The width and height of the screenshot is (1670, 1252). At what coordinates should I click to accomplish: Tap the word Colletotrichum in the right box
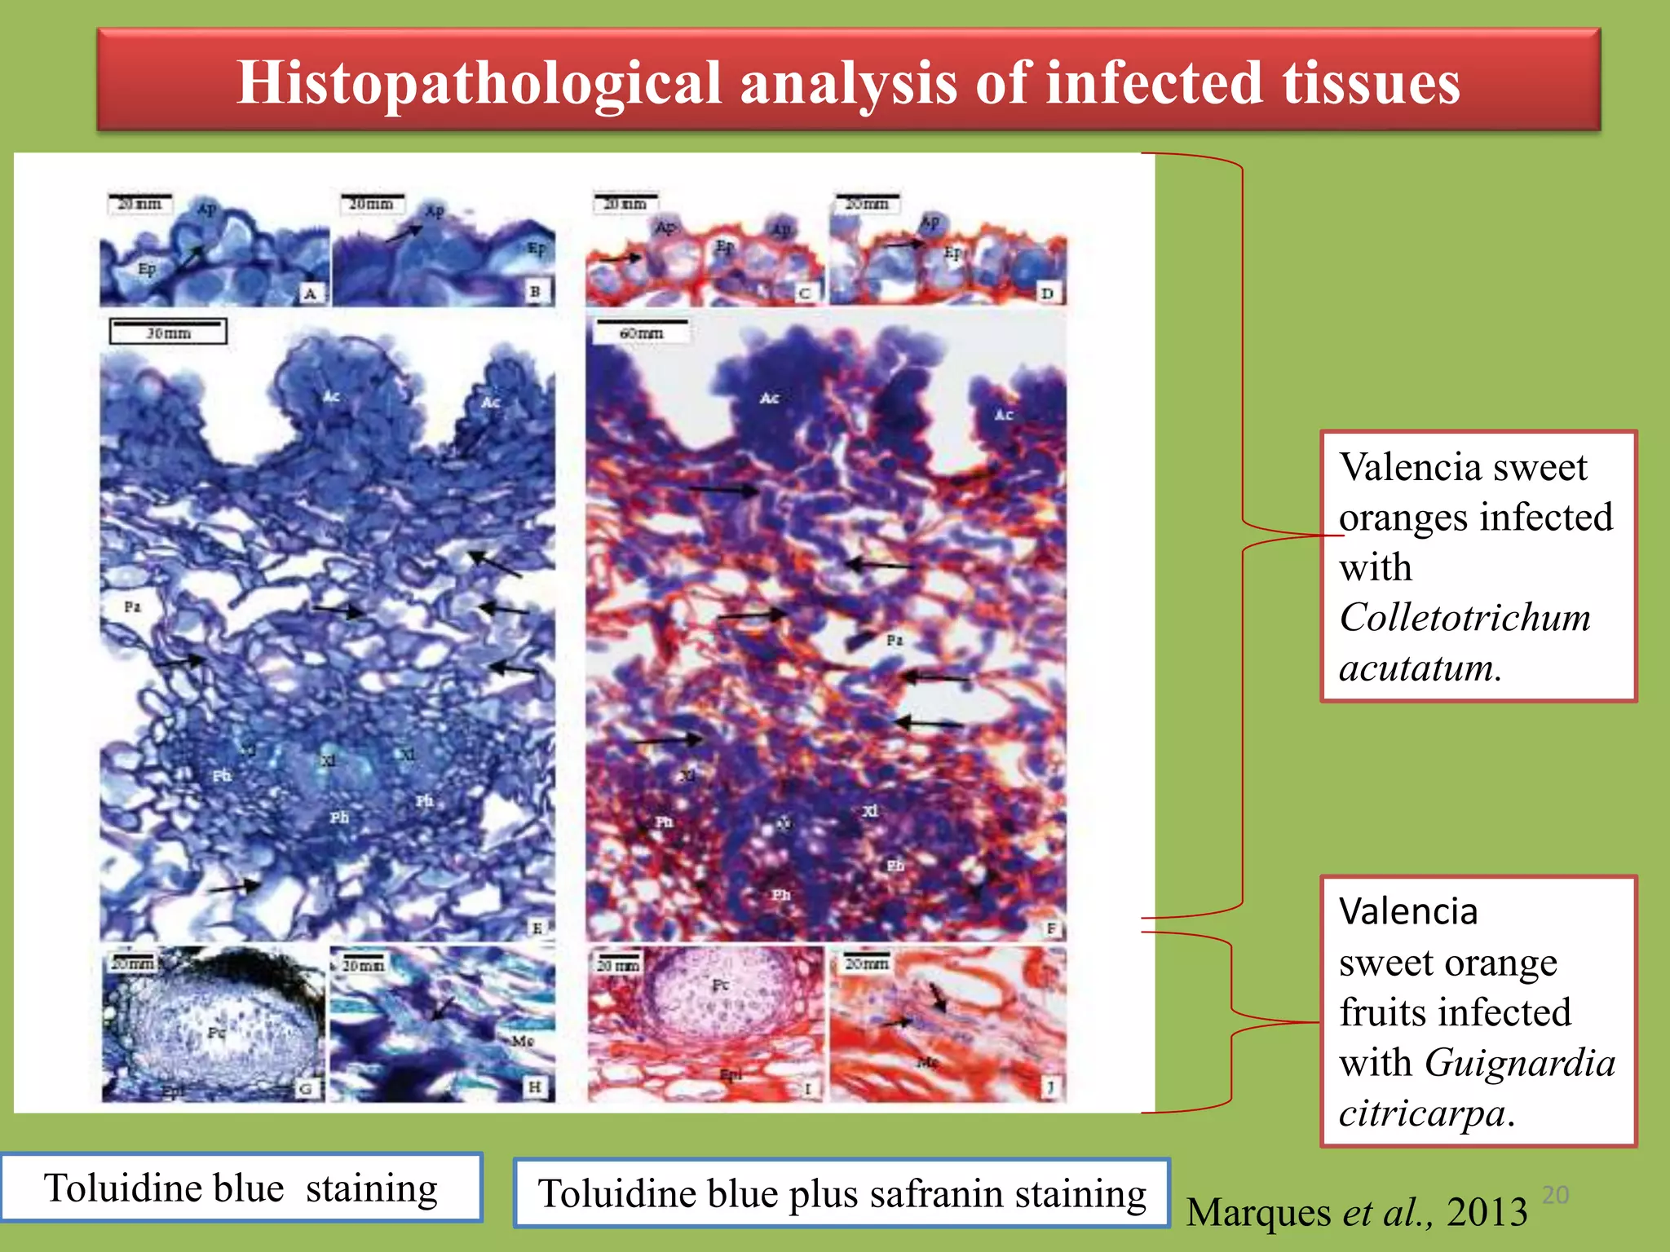point(1465,617)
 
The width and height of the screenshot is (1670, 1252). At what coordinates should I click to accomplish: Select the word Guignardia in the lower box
point(1520,1063)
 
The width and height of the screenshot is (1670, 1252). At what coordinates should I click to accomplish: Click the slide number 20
point(1555,1195)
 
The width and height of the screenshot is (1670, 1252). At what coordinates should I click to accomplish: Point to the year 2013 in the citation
point(1487,1212)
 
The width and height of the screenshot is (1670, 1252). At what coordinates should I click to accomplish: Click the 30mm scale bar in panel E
point(168,331)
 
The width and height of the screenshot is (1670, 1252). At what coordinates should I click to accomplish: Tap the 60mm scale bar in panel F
point(642,331)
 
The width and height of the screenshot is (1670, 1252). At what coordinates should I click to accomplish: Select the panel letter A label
point(310,293)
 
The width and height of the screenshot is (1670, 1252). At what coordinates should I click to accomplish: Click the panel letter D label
point(1047,293)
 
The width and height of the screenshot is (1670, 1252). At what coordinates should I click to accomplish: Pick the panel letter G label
point(306,1088)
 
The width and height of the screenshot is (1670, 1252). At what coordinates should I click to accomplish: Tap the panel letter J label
point(1050,1087)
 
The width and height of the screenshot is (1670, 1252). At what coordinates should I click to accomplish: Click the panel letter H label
point(535,1087)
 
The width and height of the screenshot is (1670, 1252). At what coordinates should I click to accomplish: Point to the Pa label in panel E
point(132,606)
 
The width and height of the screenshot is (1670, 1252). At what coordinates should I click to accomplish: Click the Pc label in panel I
point(720,985)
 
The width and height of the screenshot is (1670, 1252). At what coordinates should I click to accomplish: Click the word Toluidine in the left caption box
point(164,1188)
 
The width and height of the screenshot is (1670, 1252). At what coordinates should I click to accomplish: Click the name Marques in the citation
point(1259,1212)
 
